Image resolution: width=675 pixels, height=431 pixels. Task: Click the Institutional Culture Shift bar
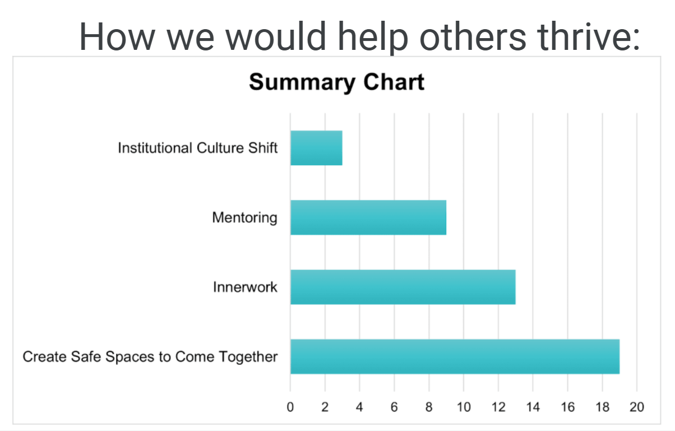[316, 148]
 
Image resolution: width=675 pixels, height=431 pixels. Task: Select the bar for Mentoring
[368, 217]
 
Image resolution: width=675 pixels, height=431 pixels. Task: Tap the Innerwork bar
[403, 287]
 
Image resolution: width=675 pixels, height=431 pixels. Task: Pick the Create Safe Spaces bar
[455, 356]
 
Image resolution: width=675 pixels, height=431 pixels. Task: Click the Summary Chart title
[336, 82]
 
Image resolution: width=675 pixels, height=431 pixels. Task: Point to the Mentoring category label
[244, 218]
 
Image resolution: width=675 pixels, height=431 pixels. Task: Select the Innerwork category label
[245, 287]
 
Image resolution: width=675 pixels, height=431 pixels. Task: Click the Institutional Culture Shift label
[198, 148]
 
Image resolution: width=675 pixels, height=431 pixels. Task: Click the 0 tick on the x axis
[290, 407]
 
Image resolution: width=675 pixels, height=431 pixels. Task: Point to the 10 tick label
[464, 407]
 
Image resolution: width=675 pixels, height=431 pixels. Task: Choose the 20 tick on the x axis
[637, 407]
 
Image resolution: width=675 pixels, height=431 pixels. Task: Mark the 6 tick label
[394, 407]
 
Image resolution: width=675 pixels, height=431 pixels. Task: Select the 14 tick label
[533, 407]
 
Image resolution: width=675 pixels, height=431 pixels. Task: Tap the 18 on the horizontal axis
[602, 407]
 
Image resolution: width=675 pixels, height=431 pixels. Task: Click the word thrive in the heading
[589, 37]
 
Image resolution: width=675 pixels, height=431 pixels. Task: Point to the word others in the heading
[473, 37]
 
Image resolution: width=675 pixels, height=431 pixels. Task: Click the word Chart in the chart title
[394, 81]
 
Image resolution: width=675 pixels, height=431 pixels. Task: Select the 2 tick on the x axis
[325, 407]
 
